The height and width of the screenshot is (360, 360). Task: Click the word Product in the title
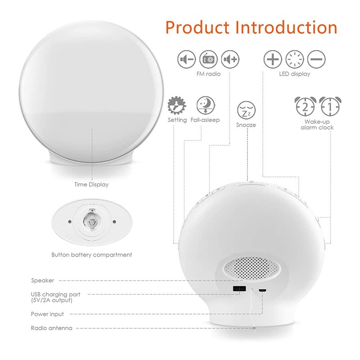click(198, 27)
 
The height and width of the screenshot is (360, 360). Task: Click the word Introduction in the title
click(287, 27)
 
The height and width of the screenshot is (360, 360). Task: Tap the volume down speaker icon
click(186, 59)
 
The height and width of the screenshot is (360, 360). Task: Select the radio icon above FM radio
click(208, 59)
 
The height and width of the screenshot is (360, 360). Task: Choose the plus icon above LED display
click(272, 59)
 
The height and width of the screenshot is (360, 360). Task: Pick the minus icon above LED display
click(316, 59)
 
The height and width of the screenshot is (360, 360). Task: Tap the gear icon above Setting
click(176, 105)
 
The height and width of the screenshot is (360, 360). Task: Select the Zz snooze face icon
click(246, 110)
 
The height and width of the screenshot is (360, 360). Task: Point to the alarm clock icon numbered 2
click(305, 106)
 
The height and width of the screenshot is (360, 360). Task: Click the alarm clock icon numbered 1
click(329, 106)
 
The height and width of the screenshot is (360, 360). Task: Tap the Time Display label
click(91, 184)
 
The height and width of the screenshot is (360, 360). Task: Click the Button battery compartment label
click(92, 255)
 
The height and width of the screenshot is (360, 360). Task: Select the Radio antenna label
click(51, 328)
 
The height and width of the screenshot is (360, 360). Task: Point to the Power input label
click(47, 314)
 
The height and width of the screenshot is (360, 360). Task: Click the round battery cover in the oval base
click(92, 221)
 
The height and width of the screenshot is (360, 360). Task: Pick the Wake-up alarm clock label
click(317, 125)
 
